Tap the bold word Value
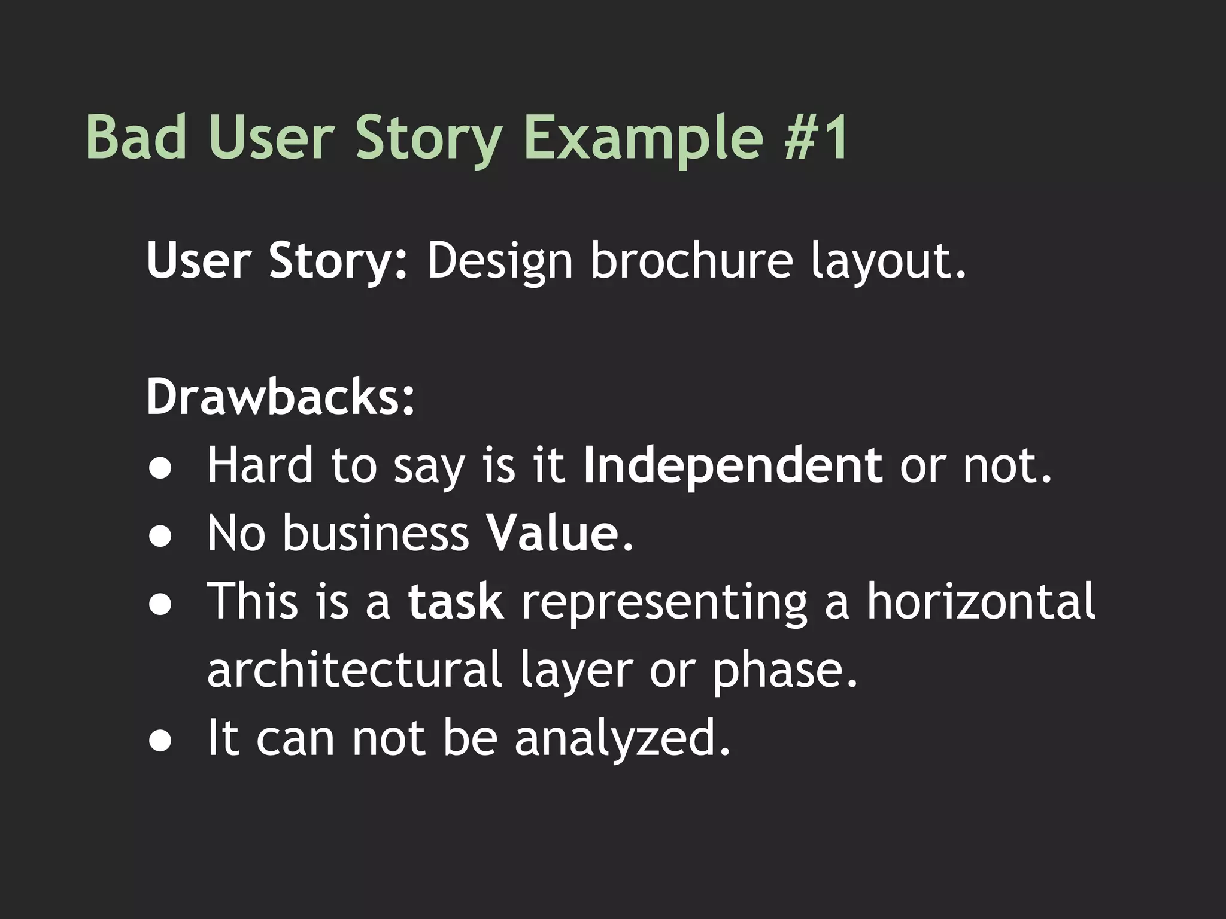(x=551, y=533)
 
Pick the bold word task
(x=456, y=601)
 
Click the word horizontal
(x=981, y=601)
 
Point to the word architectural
(x=354, y=670)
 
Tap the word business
(x=375, y=533)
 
